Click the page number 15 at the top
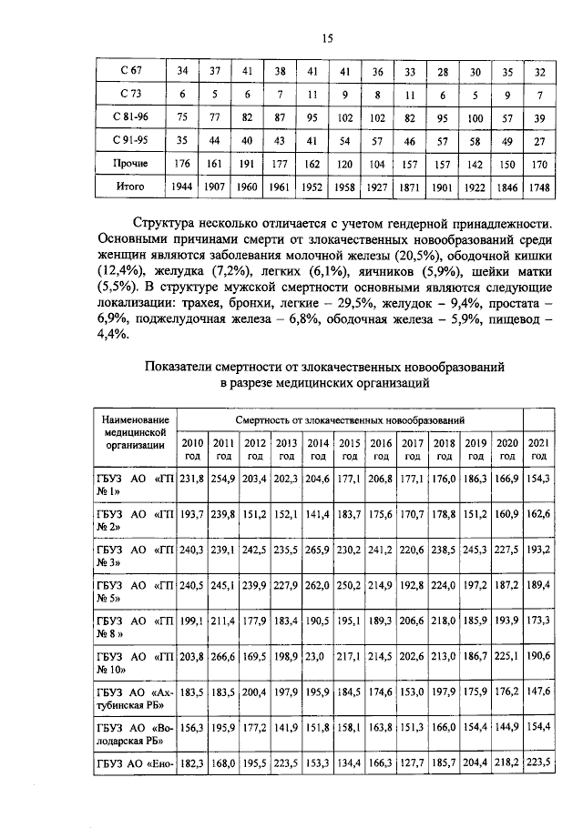(x=328, y=37)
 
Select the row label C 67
(x=130, y=71)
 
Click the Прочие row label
(x=130, y=164)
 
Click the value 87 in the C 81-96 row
(x=281, y=118)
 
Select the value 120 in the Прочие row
(x=345, y=164)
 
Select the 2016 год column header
(x=380, y=449)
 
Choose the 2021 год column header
(x=538, y=449)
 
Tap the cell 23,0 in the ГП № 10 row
(x=315, y=657)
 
